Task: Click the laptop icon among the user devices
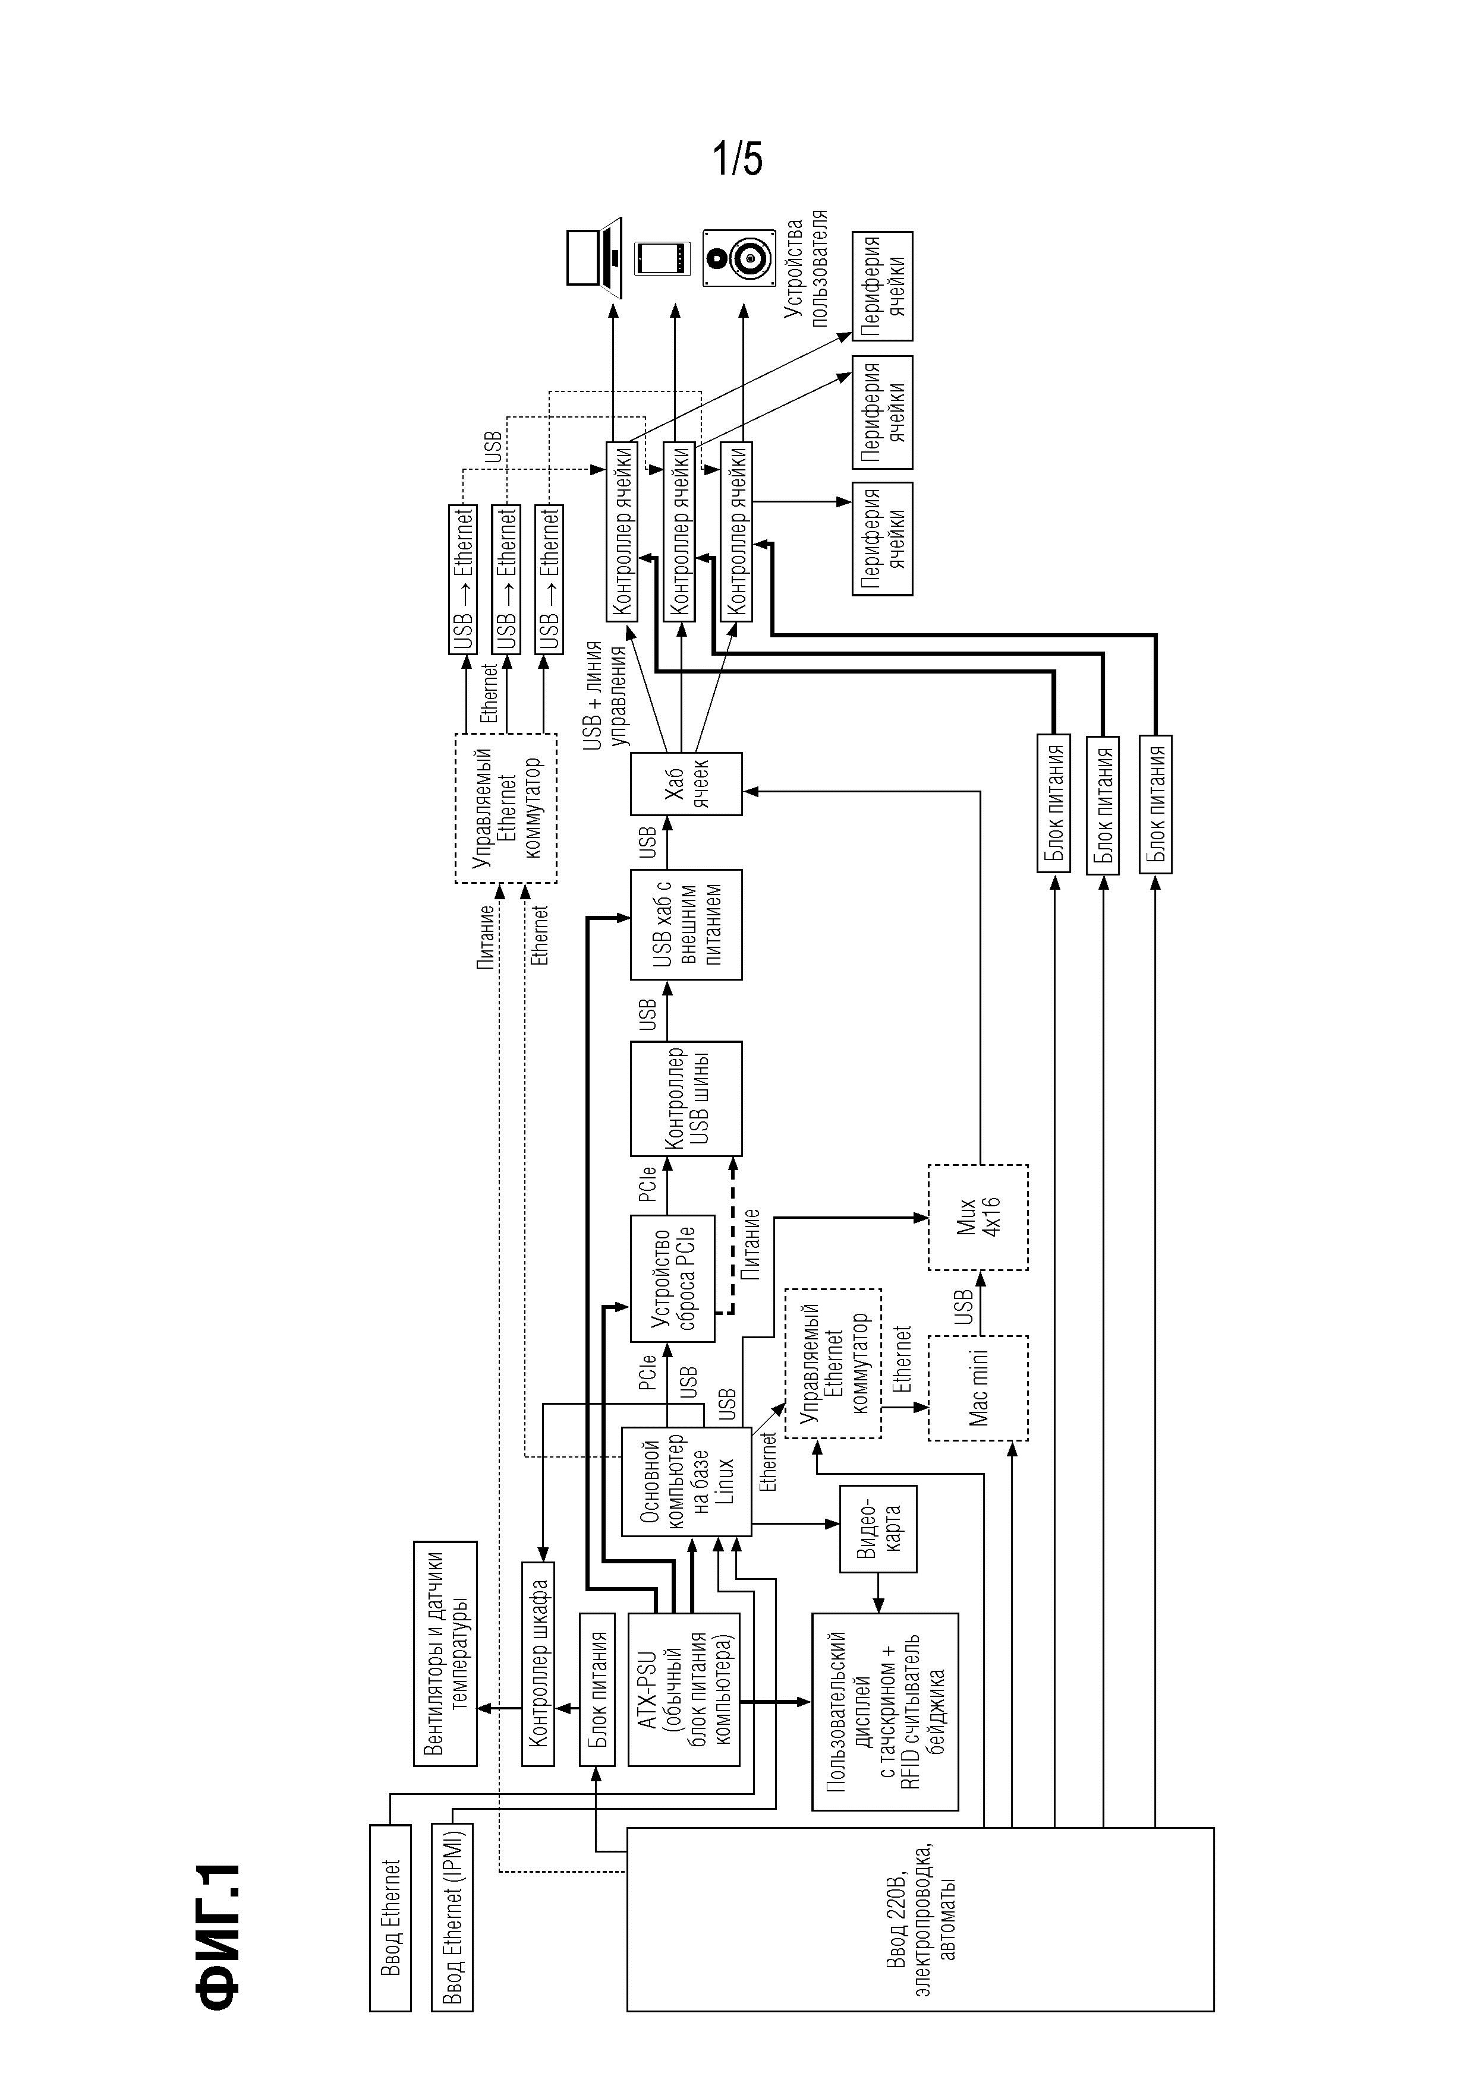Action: click(x=593, y=258)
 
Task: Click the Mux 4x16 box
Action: click(x=978, y=1216)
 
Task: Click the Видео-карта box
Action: click(x=878, y=1529)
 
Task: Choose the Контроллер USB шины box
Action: click(x=686, y=1098)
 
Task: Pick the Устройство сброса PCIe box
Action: click(x=673, y=1279)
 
